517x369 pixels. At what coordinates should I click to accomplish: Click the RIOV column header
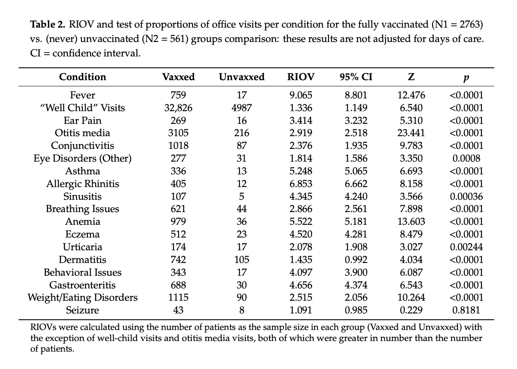[x=301, y=77]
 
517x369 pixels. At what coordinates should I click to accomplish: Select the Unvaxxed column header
[x=242, y=77]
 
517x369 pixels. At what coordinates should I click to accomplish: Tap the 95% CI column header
[x=356, y=77]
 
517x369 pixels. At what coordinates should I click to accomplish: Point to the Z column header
[x=411, y=77]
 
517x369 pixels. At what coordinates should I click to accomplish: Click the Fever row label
[x=82, y=95]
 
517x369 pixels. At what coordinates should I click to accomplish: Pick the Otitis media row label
[x=82, y=133]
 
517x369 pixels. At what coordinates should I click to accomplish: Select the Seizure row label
[x=82, y=310]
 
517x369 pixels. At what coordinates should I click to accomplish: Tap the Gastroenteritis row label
[x=82, y=285]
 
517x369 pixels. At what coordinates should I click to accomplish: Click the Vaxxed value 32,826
[x=178, y=108]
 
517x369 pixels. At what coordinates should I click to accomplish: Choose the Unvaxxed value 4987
[x=242, y=108]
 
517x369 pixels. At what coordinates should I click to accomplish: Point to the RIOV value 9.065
[x=301, y=95]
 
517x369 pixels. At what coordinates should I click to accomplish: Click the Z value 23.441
[x=411, y=133]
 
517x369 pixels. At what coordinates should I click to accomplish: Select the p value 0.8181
[x=466, y=310]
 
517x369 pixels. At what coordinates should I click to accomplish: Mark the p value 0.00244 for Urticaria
[x=466, y=247]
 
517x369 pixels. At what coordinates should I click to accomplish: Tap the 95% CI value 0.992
[x=356, y=260]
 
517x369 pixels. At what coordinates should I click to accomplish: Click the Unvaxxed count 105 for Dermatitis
[x=242, y=260]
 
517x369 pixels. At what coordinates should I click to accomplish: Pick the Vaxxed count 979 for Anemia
[x=178, y=221]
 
